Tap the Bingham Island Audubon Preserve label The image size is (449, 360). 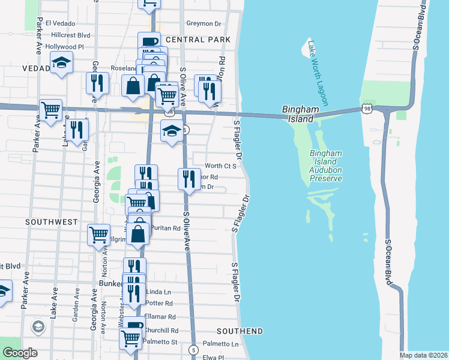(x=326, y=166)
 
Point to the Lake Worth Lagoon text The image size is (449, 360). (x=318, y=73)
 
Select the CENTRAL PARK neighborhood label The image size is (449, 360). (x=197, y=40)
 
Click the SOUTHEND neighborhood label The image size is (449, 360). (x=240, y=331)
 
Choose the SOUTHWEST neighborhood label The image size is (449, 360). (x=51, y=222)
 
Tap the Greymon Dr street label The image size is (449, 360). (x=203, y=23)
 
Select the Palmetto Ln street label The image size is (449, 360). (x=220, y=344)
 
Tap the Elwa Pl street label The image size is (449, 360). (x=212, y=357)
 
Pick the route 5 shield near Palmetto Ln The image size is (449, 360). (x=193, y=349)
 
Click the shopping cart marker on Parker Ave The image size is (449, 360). (x=51, y=109)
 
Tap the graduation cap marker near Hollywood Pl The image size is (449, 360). (x=61, y=63)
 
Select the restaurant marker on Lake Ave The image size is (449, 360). (x=76, y=129)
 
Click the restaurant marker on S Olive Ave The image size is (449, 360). (x=189, y=178)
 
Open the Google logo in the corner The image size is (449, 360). (x=19, y=353)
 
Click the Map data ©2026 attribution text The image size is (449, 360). (x=424, y=355)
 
